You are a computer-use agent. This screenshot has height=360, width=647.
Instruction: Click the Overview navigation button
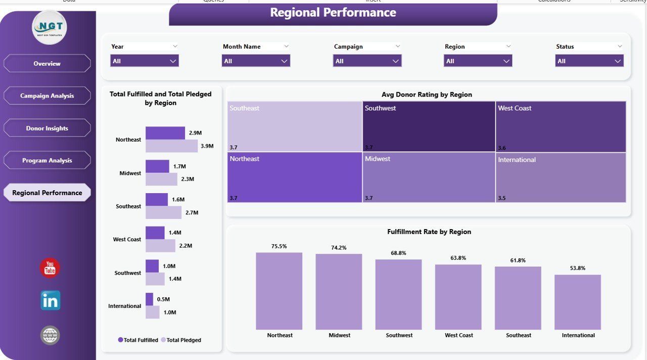[x=47, y=64]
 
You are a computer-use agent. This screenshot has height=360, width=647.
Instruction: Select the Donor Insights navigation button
[x=47, y=128]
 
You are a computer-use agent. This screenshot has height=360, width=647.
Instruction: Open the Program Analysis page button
[x=47, y=161]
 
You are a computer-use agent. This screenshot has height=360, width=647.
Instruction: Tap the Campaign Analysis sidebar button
[x=47, y=96]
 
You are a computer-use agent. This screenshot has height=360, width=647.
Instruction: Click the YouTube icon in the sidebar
[x=50, y=268]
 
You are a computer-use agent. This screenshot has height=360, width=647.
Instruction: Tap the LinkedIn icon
[x=50, y=301]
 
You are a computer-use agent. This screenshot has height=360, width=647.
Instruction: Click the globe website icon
[x=50, y=335]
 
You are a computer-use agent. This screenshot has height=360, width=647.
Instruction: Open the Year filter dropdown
[x=145, y=61]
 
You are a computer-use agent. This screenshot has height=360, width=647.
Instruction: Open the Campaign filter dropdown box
[x=367, y=61]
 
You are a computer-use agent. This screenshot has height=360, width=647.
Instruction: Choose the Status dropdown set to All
[x=589, y=61]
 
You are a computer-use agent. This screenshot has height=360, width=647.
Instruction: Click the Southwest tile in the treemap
[x=429, y=126]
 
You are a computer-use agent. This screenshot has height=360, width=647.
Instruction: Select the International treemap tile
[x=561, y=177]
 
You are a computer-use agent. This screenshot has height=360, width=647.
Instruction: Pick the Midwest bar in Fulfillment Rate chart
[x=339, y=292]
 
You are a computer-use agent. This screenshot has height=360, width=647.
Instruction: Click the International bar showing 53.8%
[x=577, y=302]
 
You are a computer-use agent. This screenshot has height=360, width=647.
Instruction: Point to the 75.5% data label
[x=279, y=246]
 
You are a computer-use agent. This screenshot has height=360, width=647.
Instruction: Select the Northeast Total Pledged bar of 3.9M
[x=171, y=146]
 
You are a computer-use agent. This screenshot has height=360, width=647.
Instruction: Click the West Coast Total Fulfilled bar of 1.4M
[x=155, y=233]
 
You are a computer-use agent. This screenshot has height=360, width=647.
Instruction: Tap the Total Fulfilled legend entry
[x=138, y=340]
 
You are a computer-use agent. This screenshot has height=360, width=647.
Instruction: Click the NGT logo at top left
[x=49, y=27]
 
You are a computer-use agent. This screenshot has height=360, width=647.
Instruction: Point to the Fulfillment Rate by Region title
[x=429, y=232]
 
